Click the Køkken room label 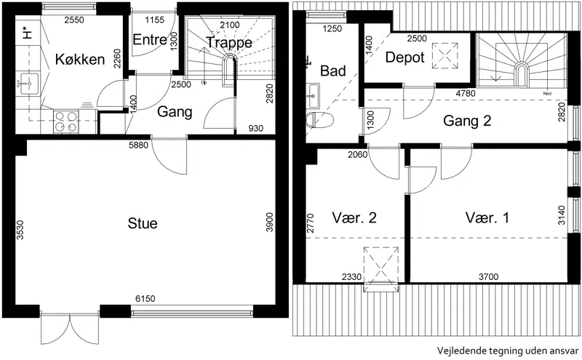tap(80, 60)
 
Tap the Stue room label tap(143, 223)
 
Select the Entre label tap(150, 39)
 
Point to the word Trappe tap(229, 43)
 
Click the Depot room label tap(405, 57)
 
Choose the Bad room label tap(333, 71)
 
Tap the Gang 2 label tap(467, 121)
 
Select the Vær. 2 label tap(354, 218)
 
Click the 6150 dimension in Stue tap(145, 298)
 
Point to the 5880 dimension tap(138, 145)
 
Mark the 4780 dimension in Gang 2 tap(466, 93)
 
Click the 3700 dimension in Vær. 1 tap(488, 276)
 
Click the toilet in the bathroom tap(319, 119)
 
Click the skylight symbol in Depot tap(445, 56)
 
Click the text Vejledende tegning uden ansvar tap(507, 351)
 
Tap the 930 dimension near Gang tap(256, 129)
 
